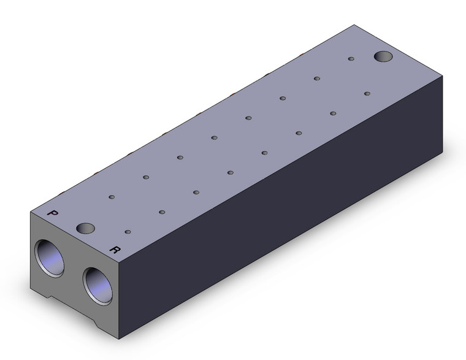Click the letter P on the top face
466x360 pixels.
53,213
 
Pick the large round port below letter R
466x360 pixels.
97,286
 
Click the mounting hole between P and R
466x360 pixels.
85,228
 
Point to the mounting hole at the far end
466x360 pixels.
383,56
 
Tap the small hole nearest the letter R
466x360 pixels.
128,232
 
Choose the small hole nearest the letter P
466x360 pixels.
112,197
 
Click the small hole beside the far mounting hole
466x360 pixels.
351,58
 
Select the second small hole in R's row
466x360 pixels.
162,212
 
